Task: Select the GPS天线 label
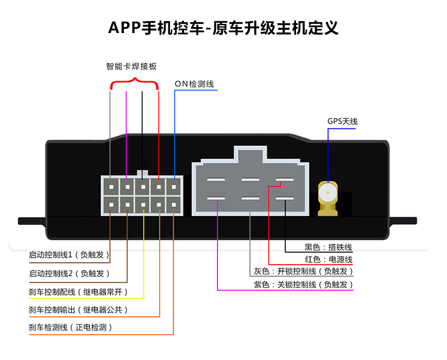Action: coord(342,121)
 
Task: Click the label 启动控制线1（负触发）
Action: coord(69,254)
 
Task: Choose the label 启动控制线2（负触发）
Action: coord(69,273)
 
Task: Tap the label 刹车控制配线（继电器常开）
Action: coord(78,292)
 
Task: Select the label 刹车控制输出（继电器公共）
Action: coord(78,310)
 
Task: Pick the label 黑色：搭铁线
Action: coord(328,247)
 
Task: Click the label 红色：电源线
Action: coord(328,260)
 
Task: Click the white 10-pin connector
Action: coord(142,195)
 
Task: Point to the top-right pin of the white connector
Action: coord(174,187)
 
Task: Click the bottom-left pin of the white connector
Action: coord(111,204)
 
